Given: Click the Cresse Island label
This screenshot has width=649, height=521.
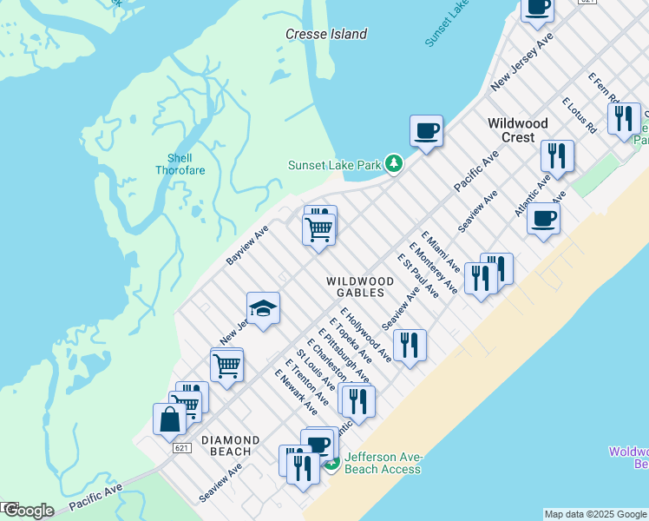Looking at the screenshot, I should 326,35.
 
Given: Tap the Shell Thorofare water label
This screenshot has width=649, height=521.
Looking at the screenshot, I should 180,164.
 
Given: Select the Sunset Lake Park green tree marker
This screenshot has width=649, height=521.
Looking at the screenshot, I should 394,163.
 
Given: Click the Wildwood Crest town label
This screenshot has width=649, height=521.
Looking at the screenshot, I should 517,130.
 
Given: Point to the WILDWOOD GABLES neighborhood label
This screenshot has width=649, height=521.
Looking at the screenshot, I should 359,287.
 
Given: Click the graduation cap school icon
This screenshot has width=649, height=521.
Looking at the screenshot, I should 263,307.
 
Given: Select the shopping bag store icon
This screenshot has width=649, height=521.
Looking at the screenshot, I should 169,419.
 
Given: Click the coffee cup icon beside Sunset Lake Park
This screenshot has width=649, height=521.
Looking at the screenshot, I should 426,131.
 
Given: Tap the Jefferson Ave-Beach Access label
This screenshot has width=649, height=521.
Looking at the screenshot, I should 383,463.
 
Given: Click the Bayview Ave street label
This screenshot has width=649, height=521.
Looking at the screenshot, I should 248,244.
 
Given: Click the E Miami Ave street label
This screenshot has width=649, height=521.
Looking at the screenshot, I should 441,252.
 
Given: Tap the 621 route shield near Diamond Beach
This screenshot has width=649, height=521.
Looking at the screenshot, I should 180,447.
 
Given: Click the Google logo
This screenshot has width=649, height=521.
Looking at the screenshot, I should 28,511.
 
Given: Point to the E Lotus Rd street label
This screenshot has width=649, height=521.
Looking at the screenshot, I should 579,115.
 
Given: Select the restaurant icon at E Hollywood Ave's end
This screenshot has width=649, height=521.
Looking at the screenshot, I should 410,345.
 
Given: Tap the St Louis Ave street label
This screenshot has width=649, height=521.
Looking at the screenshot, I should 316,370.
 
